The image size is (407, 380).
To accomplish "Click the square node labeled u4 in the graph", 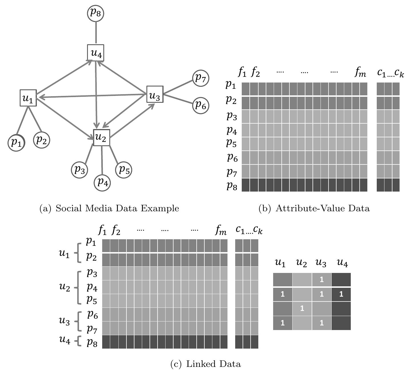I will pyautogui.click(x=96, y=53).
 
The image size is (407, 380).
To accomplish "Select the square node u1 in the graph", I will pyautogui.click(x=28, y=98).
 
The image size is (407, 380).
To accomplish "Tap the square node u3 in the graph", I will pyautogui.click(x=155, y=95).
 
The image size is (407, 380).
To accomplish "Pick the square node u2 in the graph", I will pyautogui.click(x=101, y=137).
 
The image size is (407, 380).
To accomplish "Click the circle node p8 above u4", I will pyautogui.click(x=95, y=13).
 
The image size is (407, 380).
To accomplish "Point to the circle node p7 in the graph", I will pyautogui.click(x=201, y=78).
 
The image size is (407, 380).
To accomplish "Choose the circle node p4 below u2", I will pyautogui.click(x=102, y=182).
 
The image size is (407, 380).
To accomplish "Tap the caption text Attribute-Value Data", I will pyautogui.click(x=322, y=208).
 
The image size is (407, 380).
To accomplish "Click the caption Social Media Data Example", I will pyautogui.click(x=117, y=208).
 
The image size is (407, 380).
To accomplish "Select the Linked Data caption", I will pyautogui.click(x=213, y=364).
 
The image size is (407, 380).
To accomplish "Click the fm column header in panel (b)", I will pyautogui.click(x=360, y=73).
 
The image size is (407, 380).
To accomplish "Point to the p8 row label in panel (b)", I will pyautogui.click(x=232, y=186).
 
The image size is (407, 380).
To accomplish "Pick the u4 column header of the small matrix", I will pyautogui.click(x=342, y=263).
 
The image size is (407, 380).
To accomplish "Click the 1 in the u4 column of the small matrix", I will pyautogui.click(x=341, y=294).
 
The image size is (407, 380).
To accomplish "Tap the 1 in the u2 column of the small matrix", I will pyautogui.click(x=302, y=308).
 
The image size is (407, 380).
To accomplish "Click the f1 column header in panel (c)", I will pyautogui.click(x=102, y=230).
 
